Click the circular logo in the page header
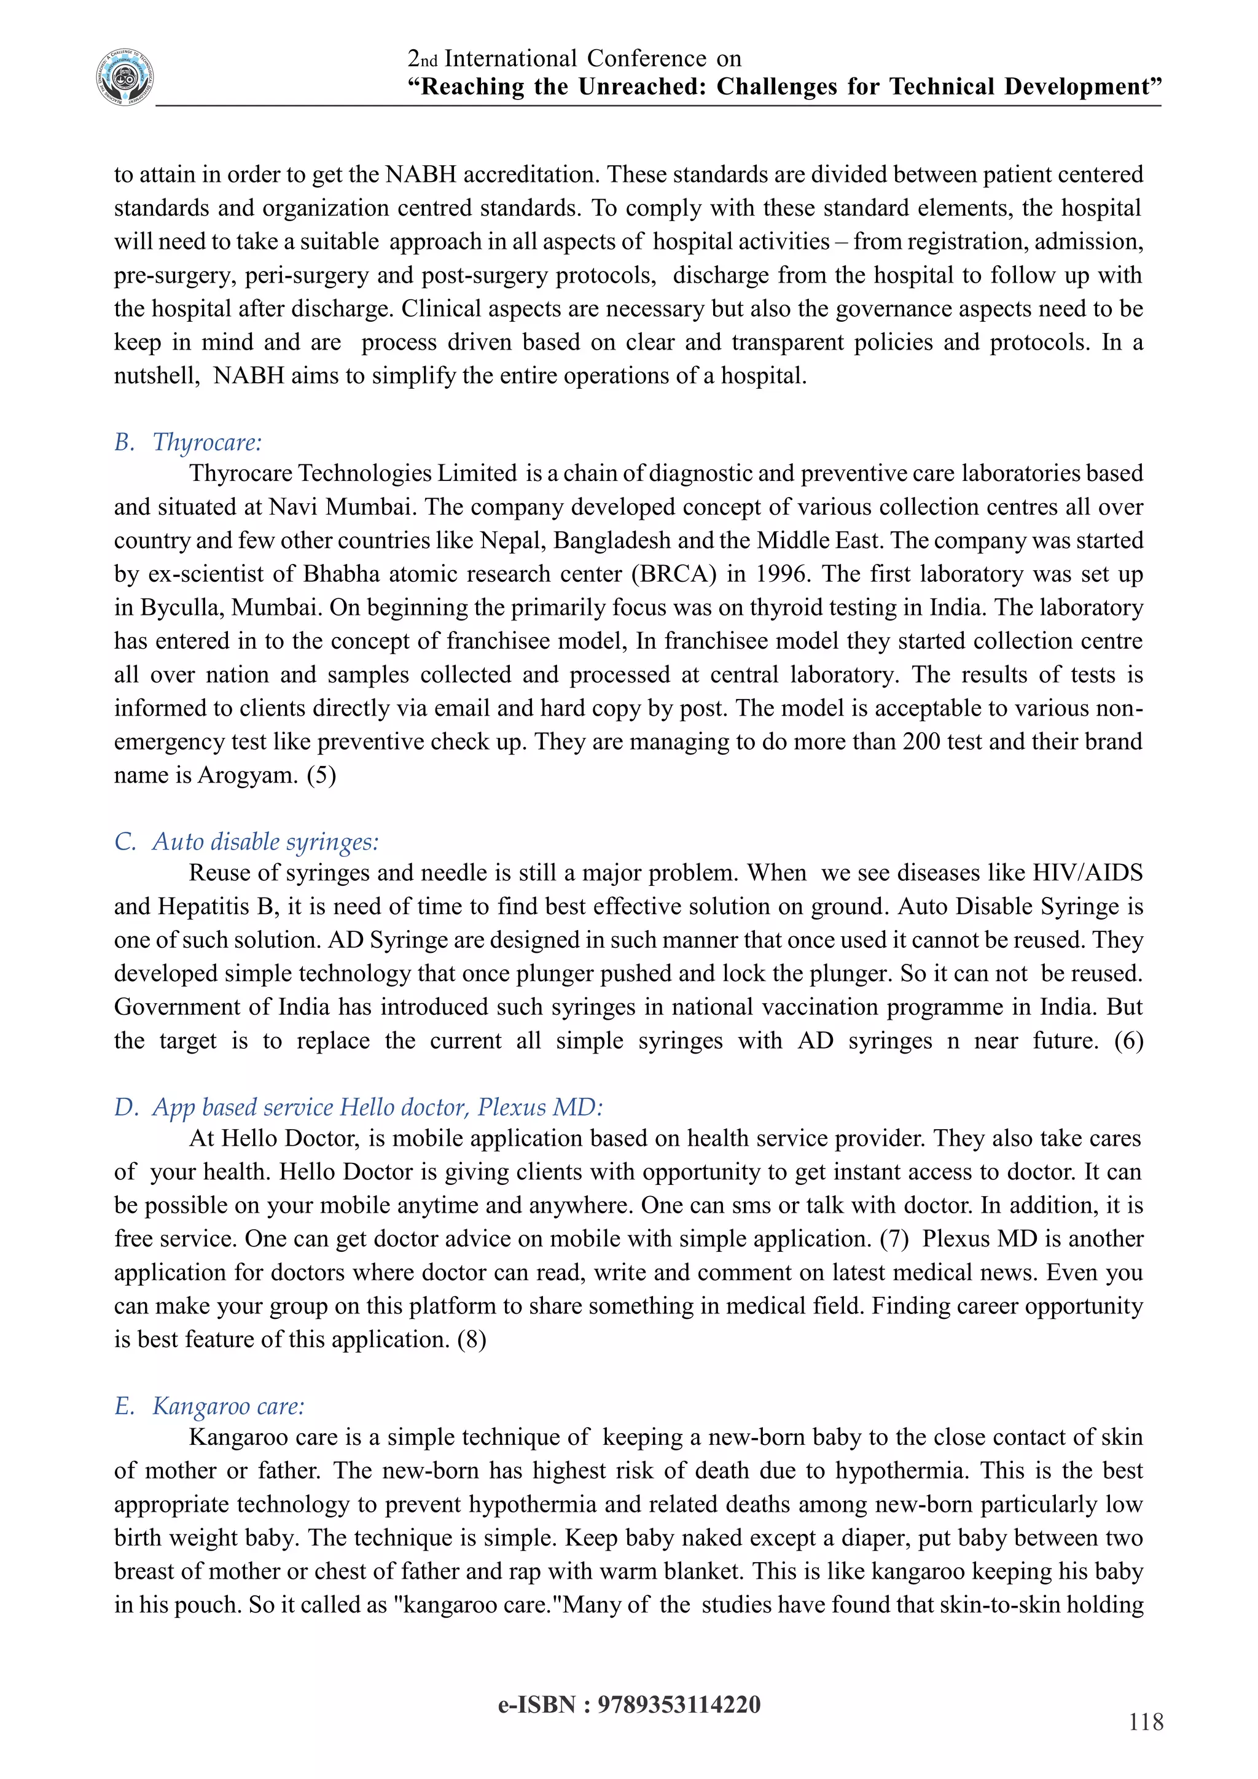tap(125, 77)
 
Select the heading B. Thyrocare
tap(188, 442)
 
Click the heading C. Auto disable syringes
tap(246, 842)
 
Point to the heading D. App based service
tap(358, 1107)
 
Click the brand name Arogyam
tap(248, 776)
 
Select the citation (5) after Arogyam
tap(321, 776)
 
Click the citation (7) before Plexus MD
tap(894, 1239)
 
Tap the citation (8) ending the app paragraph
tap(472, 1340)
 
